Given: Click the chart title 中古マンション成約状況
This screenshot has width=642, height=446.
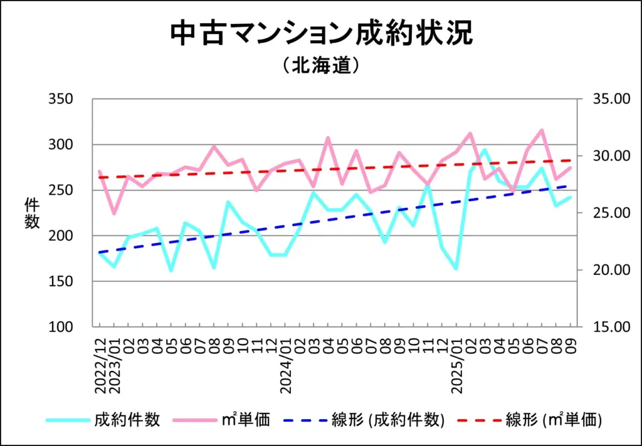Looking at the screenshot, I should [321, 34].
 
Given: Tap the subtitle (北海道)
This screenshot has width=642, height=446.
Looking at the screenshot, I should [320, 66].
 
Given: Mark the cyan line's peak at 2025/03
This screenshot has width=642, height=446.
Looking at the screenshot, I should [484, 150].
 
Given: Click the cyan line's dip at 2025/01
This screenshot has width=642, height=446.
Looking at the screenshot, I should [456, 269].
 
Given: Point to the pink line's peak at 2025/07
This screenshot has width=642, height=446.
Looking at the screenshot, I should [542, 130].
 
